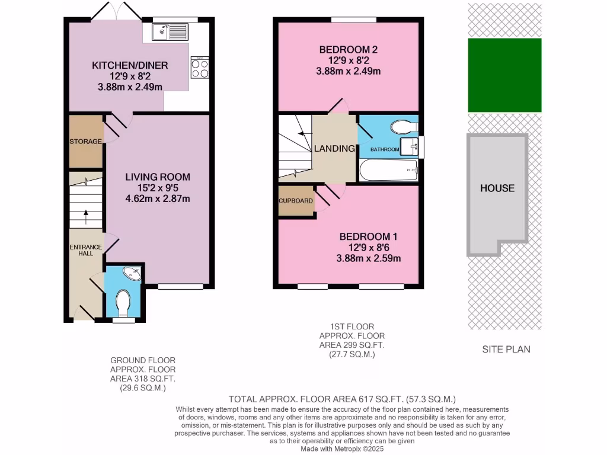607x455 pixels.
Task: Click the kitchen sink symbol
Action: (170, 31)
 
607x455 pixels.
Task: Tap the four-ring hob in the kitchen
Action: (200, 68)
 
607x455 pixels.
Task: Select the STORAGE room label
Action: (85, 142)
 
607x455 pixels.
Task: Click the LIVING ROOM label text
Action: (158, 177)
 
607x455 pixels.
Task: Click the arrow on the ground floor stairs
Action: (86, 217)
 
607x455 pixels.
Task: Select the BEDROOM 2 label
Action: (348, 49)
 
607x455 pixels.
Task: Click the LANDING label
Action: (335, 148)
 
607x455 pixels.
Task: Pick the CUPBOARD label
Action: (296, 201)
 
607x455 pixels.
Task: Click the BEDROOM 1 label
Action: (368, 236)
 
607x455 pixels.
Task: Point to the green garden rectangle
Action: (504, 75)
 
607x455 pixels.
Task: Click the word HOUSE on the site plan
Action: (497, 188)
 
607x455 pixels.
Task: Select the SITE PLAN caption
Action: (506, 349)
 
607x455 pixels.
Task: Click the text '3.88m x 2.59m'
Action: (368, 258)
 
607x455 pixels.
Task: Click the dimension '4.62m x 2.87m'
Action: (158, 198)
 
